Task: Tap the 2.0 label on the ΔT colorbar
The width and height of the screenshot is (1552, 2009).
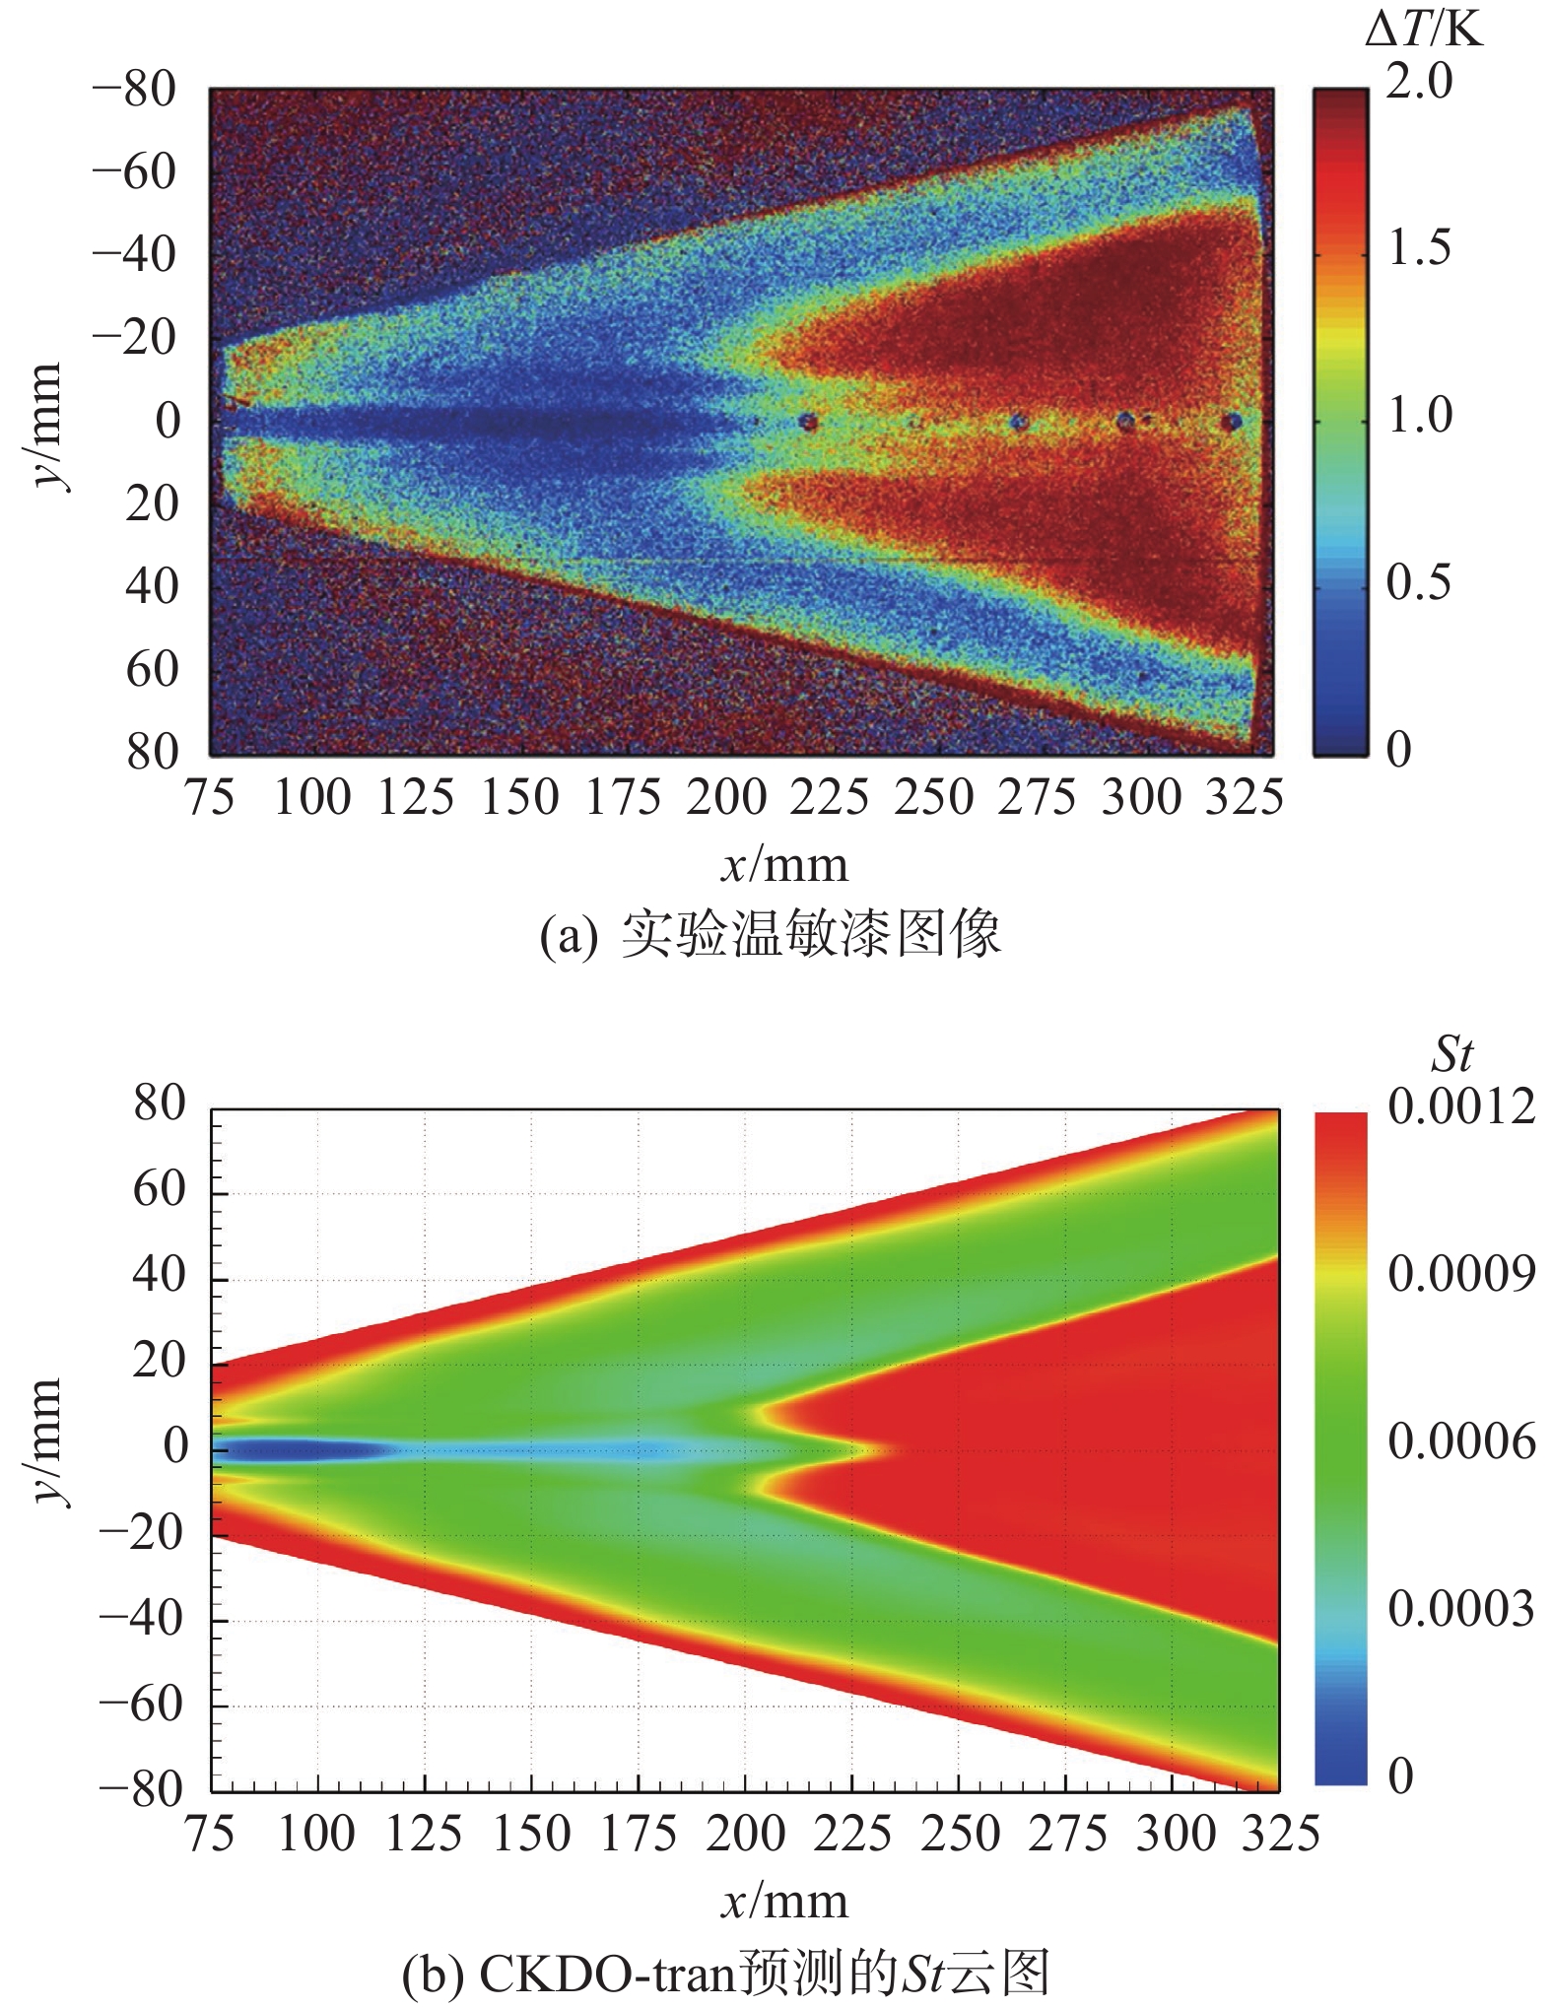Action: pos(1419,81)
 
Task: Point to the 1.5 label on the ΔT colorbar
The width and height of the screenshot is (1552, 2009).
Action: pos(1419,247)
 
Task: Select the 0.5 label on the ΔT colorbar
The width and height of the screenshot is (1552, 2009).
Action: pos(1419,582)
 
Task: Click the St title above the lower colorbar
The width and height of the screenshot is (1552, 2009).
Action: pos(1451,1055)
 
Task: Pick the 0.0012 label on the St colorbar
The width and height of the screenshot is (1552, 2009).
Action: pos(1461,1106)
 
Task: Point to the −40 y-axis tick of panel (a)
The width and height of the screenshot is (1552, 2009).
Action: pos(134,255)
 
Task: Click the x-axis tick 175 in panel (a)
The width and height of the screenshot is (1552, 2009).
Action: pos(624,797)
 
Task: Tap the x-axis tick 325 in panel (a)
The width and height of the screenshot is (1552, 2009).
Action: pos(1245,797)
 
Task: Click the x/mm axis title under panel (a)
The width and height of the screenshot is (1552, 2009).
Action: pos(784,865)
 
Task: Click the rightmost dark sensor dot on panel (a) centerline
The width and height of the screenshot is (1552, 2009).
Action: pos(1232,423)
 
